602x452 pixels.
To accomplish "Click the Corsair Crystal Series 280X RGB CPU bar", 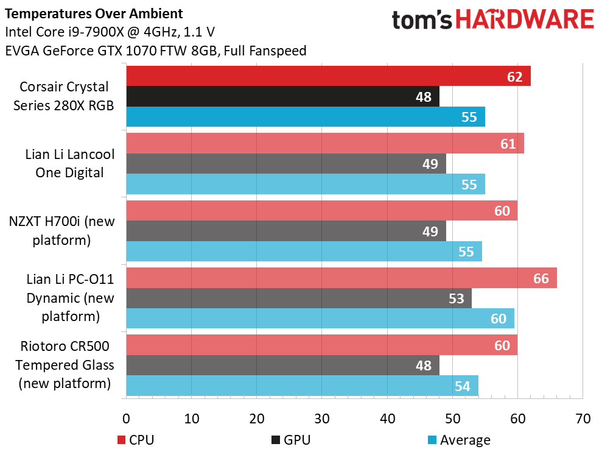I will pos(328,76).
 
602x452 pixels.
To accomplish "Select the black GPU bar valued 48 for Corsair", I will pos(282,96).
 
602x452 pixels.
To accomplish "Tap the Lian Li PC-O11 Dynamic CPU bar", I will pos(341,278).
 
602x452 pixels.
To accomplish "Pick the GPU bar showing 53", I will pos(298,298).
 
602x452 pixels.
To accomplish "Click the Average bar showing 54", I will pos(302,386).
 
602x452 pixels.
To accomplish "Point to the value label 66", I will pos(541,278).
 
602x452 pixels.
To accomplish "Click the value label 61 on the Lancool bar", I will pos(508,144).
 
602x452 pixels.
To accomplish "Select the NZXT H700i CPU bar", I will pos(321,211).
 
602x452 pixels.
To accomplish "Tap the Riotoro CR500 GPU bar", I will pos(282,365).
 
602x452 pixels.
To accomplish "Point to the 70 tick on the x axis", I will pos(583,419).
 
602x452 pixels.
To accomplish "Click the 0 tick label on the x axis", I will pos(127,419).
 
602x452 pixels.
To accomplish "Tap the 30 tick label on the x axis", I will pos(322,419).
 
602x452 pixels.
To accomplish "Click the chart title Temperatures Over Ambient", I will pos(93,13).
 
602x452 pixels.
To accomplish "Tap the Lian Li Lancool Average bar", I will pos(305,185).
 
